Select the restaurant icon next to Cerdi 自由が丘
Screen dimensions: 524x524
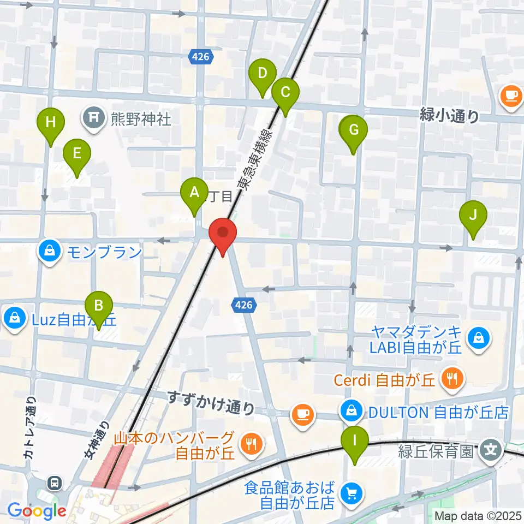(451, 380)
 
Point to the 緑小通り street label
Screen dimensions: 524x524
(450, 116)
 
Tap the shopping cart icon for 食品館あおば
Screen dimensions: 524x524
(350, 494)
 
